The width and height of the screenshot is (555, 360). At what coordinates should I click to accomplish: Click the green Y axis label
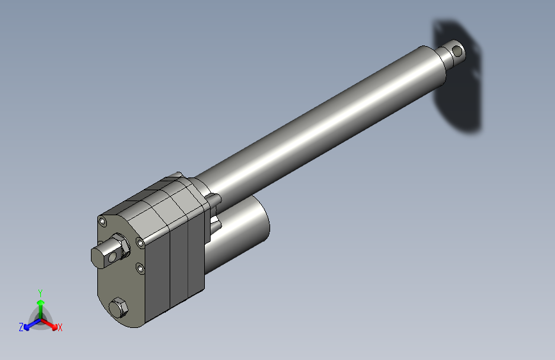click(x=40, y=293)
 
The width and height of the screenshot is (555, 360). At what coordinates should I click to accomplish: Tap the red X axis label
click(x=60, y=327)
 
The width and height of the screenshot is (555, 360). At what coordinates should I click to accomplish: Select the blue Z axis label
click(x=21, y=327)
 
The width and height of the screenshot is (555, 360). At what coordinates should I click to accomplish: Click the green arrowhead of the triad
click(x=41, y=303)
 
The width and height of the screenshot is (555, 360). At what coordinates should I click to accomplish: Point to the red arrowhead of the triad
click(x=54, y=327)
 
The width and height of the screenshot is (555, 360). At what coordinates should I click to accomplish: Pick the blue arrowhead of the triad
click(x=26, y=327)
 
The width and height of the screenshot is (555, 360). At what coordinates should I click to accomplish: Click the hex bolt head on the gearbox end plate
click(x=118, y=308)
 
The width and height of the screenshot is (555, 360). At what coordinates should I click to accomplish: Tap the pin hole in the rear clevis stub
click(x=113, y=256)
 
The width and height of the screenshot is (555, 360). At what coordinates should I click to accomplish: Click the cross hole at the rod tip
click(x=457, y=51)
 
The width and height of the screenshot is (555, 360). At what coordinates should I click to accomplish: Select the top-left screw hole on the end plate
click(x=102, y=222)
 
